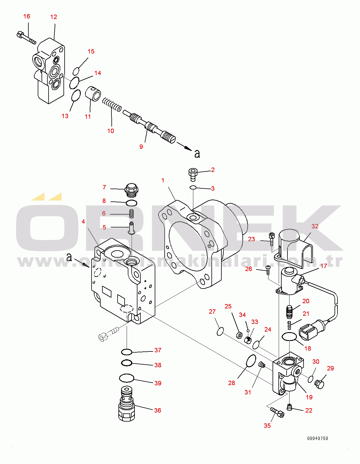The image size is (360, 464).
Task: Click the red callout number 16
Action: (27, 16)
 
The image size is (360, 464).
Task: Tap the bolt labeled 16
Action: (26, 38)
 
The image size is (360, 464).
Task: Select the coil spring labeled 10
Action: (112, 105)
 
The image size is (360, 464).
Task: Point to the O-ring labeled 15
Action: (76, 71)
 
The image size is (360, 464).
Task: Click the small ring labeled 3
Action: (193, 187)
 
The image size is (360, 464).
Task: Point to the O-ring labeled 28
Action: (251, 360)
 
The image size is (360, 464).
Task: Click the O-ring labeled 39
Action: (127, 378)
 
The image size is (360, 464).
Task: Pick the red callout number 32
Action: (315, 226)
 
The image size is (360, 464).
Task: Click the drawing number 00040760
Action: (318, 438)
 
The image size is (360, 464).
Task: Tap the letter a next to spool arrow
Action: (197, 153)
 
